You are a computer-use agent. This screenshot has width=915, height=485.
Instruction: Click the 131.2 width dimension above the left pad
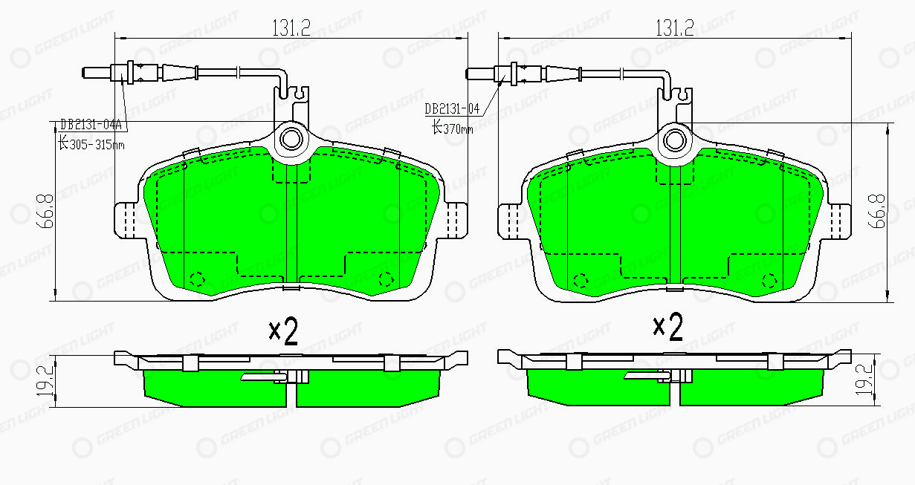(x=291, y=27)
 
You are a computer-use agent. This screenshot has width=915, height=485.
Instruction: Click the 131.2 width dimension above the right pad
(x=675, y=27)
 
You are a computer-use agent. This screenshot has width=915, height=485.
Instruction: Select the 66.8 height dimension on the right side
(x=876, y=211)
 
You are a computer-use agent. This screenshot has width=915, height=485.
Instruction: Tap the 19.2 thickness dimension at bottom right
(x=864, y=380)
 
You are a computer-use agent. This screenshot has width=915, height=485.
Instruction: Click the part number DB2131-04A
(x=91, y=124)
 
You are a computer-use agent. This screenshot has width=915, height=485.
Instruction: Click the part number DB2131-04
(x=452, y=108)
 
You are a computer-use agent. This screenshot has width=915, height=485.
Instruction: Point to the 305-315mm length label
(x=91, y=143)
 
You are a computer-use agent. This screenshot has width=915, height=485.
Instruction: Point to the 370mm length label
(x=453, y=128)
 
